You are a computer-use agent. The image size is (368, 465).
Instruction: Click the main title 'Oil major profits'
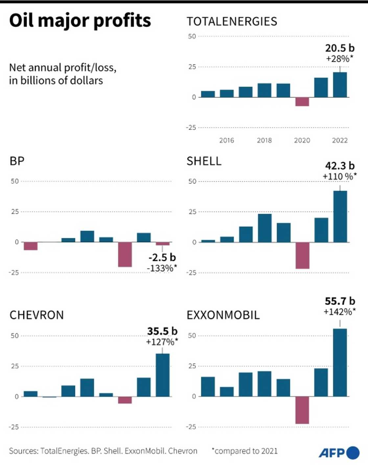(x=80, y=20)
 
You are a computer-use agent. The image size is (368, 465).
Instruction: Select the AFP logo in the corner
(x=339, y=453)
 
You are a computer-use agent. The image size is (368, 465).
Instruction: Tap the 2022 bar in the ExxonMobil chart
(x=340, y=362)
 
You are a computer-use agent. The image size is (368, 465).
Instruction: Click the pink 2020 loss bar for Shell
(x=302, y=255)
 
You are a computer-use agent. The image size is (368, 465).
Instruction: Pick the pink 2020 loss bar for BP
(x=125, y=254)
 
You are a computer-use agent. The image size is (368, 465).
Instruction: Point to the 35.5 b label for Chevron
(x=162, y=331)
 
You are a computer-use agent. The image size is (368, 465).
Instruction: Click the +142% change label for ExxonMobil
(x=339, y=312)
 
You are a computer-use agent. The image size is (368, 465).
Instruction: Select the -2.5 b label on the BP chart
(x=162, y=257)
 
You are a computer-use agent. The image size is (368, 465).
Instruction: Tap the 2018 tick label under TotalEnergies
(x=264, y=140)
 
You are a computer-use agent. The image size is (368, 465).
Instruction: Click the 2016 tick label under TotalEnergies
(x=227, y=140)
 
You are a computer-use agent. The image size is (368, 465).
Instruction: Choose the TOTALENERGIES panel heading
(x=232, y=22)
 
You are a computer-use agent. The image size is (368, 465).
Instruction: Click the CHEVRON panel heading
(x=36, y=315)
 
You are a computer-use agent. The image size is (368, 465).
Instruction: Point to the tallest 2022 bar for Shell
(x=340, y=217)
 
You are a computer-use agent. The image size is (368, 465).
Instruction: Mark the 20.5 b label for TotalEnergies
(x=340, y=48)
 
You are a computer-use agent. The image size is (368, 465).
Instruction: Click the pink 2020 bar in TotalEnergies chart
(x=302, y=102)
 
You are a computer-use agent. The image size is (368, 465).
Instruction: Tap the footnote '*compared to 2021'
(x=244, y=451)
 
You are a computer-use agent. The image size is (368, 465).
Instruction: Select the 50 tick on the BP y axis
(x=15, y=181)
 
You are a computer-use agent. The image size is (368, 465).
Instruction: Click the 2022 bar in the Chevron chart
(x=163, y=375)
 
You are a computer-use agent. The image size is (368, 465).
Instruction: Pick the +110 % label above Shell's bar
(x=339, y=176)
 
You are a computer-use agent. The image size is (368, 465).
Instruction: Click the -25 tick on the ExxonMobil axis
(x=191, y=427)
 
